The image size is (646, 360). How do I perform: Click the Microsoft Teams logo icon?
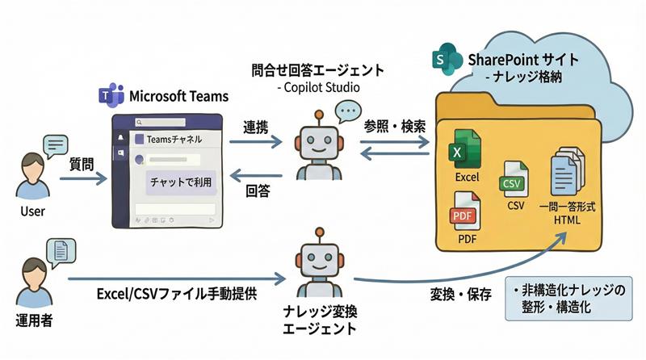click(110, 96)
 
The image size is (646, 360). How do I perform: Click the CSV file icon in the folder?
click(514, 179)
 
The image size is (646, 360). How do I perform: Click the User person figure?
click(31, 175)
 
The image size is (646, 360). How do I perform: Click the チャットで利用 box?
click(181, 182)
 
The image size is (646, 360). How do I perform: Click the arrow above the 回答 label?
click(257, 174)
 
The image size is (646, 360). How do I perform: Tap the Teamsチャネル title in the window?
click(175, 139)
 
